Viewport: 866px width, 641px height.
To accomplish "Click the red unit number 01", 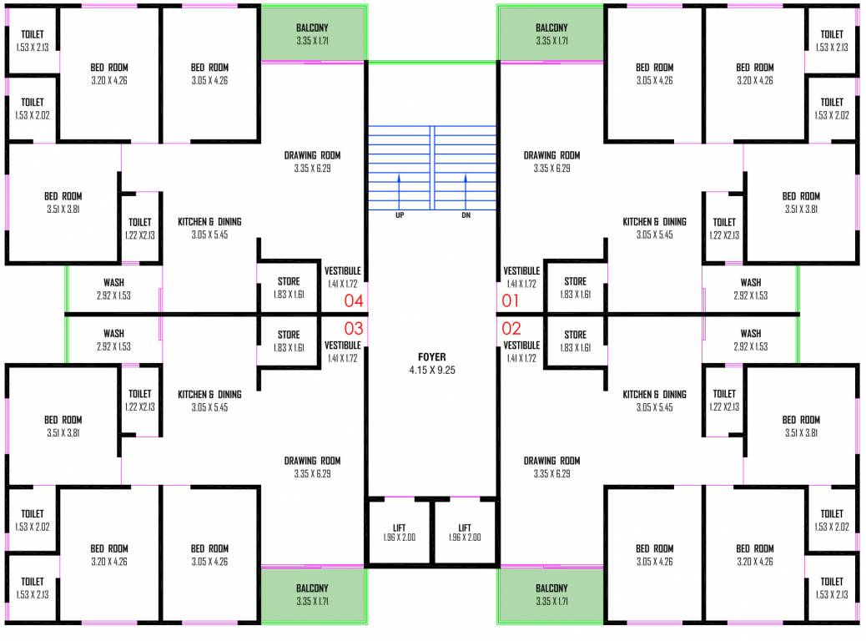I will pos(511,300).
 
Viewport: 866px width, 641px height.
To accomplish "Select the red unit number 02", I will pos(511,328).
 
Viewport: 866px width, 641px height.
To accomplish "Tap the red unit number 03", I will pos(354,328).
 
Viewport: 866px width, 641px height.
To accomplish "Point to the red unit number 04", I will pos(354,300).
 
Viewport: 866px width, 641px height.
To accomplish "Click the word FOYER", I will pos(432,356).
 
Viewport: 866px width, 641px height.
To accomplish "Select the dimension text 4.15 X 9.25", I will pos(432,369).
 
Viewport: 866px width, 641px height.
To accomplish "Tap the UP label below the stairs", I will pos(400,215).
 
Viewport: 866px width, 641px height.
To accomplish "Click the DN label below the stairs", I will pos(466,215).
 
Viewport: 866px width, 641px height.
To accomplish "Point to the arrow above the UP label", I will pos(400,190).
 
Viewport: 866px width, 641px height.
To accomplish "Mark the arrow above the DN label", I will pos(466,190).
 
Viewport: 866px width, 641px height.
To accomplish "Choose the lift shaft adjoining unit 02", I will pos(465,532).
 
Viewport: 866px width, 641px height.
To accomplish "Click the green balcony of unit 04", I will pos(314,33).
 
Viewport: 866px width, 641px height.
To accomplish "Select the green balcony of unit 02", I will pos(551,594).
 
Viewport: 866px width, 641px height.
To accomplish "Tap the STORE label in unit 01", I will pos(575,281).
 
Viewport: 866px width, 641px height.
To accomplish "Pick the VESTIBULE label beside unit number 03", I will pos(342,345).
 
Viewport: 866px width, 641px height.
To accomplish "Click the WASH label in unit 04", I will pos(113,283).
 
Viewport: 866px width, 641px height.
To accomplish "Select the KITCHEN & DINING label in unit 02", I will pos(654,394).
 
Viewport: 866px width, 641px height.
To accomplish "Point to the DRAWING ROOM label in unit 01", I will pos(551,155).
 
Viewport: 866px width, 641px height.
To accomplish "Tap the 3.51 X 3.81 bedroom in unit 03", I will pos(63,426).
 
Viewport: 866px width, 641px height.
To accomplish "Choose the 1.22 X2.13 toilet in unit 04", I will pos(140,228).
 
